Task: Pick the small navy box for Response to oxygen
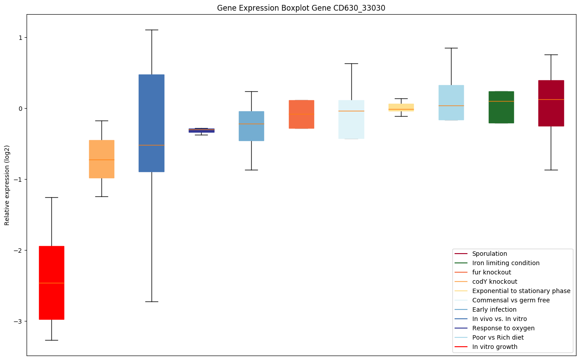pos(201,130)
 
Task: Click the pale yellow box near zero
pos(401,106)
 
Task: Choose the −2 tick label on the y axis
pos(18,250)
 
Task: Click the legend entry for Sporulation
pos(489,254)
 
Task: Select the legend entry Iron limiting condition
pos(506,263)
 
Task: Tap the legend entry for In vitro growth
pos(494,347)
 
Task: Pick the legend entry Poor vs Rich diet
pos(498,337)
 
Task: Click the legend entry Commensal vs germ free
pos(510,300)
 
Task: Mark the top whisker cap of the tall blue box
pos(152,30)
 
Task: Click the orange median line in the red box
pos(51,283)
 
